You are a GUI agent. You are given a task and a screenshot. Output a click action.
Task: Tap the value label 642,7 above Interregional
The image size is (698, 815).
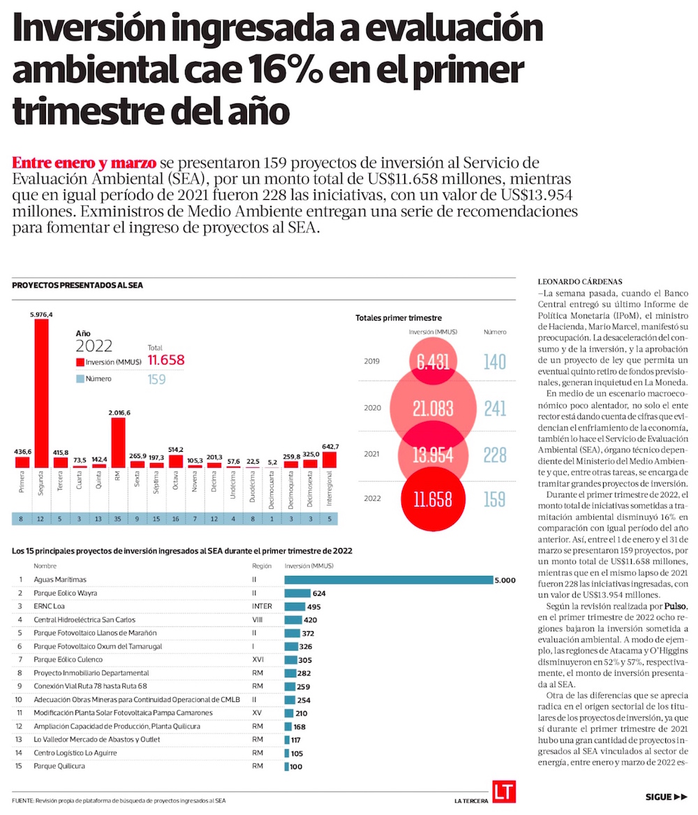tap(329, 446)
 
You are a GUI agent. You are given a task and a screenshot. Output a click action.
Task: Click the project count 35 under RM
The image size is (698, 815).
tap(118, 518)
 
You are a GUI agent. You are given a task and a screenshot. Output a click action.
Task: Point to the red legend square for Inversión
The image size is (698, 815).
tap(80, 362)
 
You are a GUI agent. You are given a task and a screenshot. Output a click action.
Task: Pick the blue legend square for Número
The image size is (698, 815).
tap(80, 379)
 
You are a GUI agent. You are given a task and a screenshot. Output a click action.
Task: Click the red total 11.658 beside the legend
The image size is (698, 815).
tap(166, 360)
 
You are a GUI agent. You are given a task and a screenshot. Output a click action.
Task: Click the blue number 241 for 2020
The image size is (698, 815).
tap(495, 409)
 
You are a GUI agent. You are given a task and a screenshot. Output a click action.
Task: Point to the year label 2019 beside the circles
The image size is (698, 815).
tap(373, 362)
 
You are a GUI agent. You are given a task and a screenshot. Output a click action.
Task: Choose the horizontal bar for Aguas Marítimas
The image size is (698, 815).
tap(388, 580)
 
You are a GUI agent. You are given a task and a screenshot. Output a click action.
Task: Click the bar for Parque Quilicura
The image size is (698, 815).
tap(286, 766)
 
